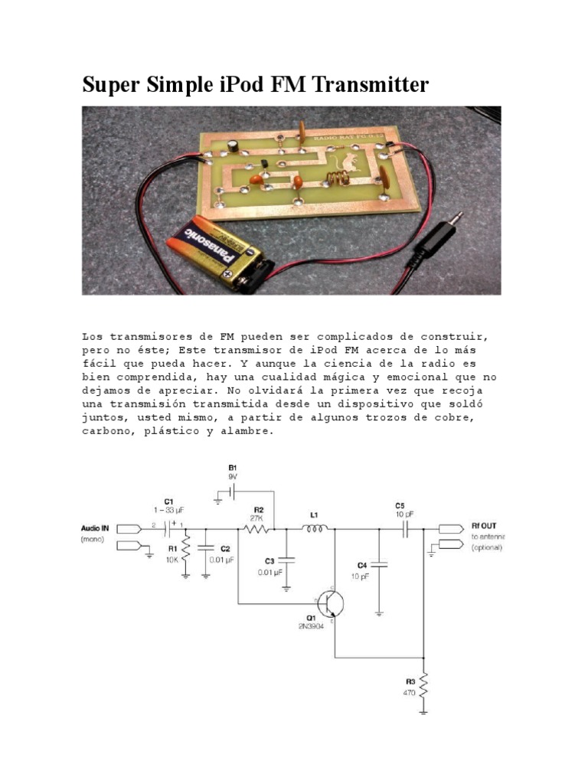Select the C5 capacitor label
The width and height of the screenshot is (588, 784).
400,506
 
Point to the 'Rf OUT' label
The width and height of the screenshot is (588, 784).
484,525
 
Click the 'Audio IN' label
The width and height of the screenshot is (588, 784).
96,528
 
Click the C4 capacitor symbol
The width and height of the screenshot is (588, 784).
380,565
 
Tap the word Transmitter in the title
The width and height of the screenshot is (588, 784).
364,85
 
